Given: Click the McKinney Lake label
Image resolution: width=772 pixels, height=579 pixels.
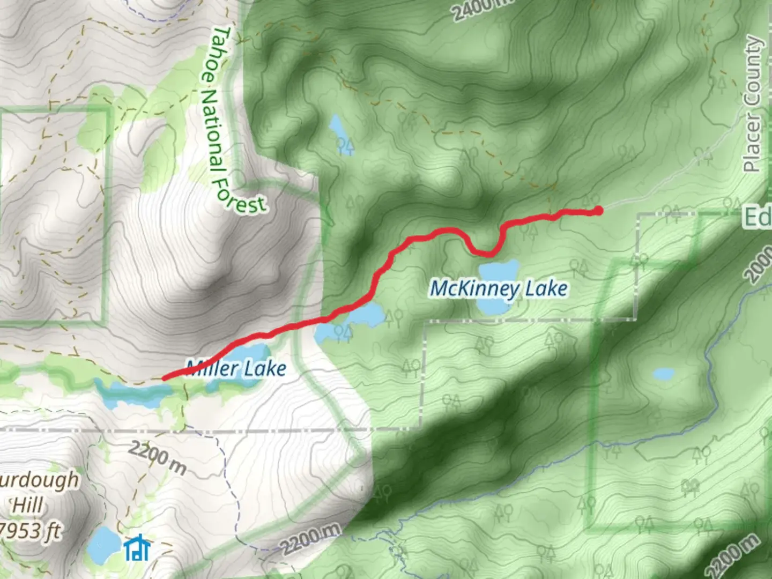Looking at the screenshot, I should [x=499, y=288].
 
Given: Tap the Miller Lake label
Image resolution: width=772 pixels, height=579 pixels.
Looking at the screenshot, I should [x=236, y=368].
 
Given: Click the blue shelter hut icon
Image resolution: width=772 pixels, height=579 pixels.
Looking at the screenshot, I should [x=137, y=547].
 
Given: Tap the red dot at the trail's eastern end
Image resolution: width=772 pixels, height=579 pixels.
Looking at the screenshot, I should [x=598, y=211].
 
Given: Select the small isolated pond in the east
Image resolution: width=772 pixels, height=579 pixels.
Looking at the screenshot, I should [x=663, y=374].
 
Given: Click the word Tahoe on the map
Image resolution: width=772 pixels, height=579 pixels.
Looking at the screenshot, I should [x=220, y=54].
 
